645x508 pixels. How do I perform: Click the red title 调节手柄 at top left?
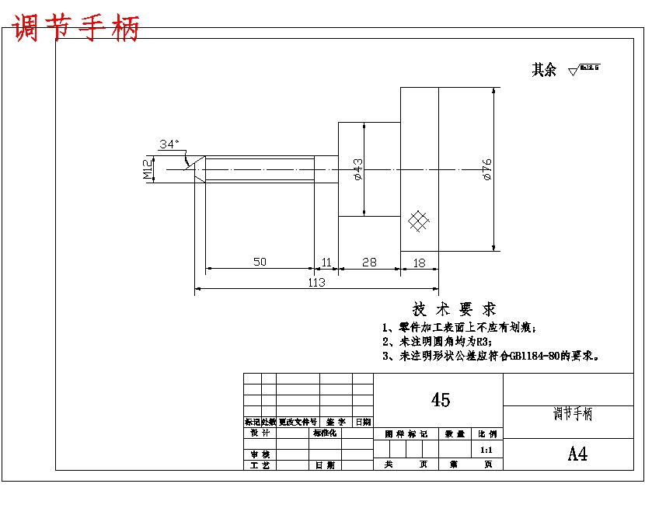[x=76, y=28]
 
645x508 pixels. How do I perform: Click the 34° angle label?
[x=169, y=144]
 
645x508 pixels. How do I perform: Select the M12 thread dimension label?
[x=147, y=169]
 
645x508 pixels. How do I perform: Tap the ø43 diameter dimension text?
[x=357, y=169]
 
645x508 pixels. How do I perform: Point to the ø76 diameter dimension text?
[x=487, y=169]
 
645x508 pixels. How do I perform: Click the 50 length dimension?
[x=260, y=262]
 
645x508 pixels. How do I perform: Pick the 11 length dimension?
[x=326, y=262]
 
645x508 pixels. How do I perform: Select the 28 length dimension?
[x=369, y=262]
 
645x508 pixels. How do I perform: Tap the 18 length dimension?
[x=420, y=263]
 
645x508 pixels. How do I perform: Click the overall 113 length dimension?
[x=316, y=283]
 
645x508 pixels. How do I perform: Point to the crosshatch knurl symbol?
[x=419, y=221]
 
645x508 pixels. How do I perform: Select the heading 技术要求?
[x=455, y=309]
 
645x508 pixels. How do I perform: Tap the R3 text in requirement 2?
[x=483, y=341]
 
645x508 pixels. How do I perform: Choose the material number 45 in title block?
[x=440, y=400]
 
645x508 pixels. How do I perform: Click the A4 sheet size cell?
[x=577, y=454]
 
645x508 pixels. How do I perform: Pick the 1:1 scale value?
[x=487, y=450]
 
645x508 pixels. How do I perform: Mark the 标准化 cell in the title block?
[x=325, y=433]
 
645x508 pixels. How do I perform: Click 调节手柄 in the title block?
[x=572, y=414]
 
